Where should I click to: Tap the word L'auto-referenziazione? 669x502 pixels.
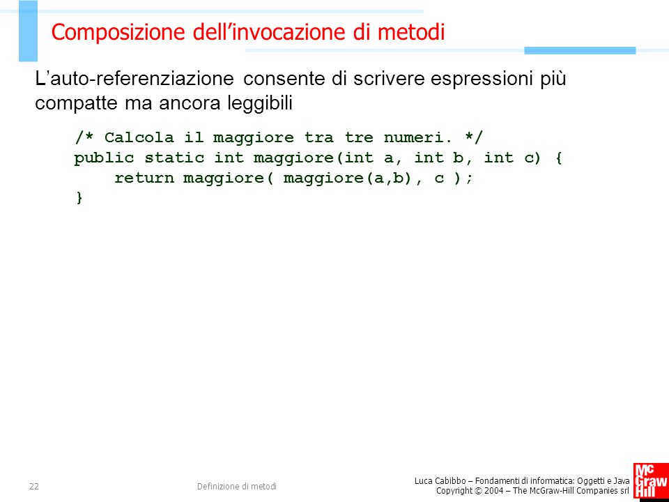coord(134,79)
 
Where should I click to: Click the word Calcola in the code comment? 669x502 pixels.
coord(139,137)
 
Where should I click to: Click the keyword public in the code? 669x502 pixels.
coord(104,158)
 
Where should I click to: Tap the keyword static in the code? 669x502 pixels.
coord(174,158)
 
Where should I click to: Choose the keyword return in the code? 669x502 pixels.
coord(144,178)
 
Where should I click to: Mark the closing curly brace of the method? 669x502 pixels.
coord(79,198)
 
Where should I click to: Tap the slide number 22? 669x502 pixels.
coord(34,486)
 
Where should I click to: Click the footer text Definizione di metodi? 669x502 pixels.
coord(237,486)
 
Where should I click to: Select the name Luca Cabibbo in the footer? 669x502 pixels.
coord(440,482)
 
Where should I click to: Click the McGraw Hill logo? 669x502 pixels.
coord(651,482)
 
